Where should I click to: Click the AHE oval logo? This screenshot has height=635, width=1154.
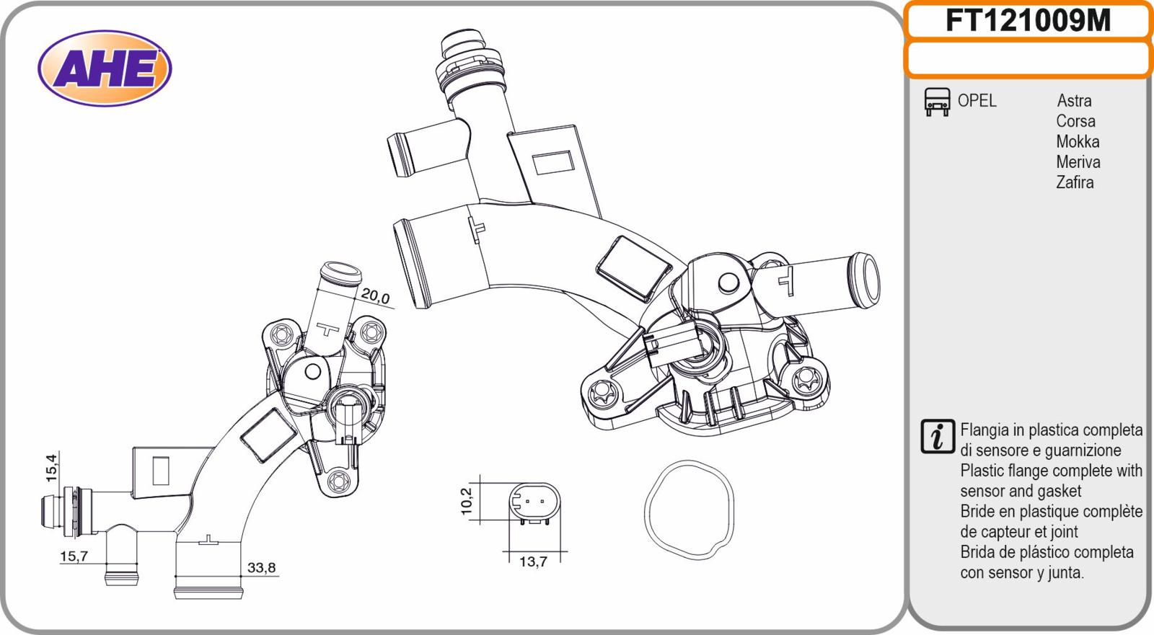click(105, 68)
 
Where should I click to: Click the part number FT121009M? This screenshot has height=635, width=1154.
click(1028, 21)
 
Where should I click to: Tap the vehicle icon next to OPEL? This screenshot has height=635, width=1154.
click(937, 102)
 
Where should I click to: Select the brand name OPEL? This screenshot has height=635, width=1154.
click(977, 100)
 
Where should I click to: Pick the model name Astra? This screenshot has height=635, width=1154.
click(1074, 100)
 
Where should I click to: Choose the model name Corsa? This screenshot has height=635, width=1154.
click(1075, 121)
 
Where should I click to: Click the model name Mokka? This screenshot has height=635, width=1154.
click(1078, 141)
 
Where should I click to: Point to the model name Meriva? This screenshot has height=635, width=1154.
click(1078, 162)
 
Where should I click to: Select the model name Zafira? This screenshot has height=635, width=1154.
click(1075, 182)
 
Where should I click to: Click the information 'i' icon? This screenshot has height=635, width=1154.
click(938, 437)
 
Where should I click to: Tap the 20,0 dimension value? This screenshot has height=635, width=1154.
click(375, 296)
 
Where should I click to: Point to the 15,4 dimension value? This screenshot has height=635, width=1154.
click(52, 467)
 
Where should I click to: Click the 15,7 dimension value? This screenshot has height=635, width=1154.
click(74, 556)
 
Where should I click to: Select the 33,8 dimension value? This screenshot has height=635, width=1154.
click(262, 567)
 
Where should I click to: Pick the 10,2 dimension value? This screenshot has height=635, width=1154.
click(466, 501)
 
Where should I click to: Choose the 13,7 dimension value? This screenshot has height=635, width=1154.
click(533, 561)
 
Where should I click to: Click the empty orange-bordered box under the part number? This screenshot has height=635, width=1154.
click(1028, 59)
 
